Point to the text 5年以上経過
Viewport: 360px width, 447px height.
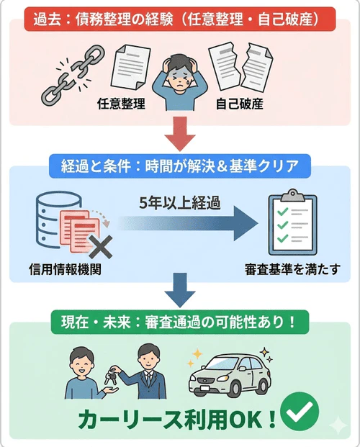pyautogui.click(x=180, y=203)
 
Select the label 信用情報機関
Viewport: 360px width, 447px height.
pyautogui.click(x=64, y=272)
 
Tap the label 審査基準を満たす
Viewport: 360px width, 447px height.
pyautogui.click(x=292, y=272)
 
